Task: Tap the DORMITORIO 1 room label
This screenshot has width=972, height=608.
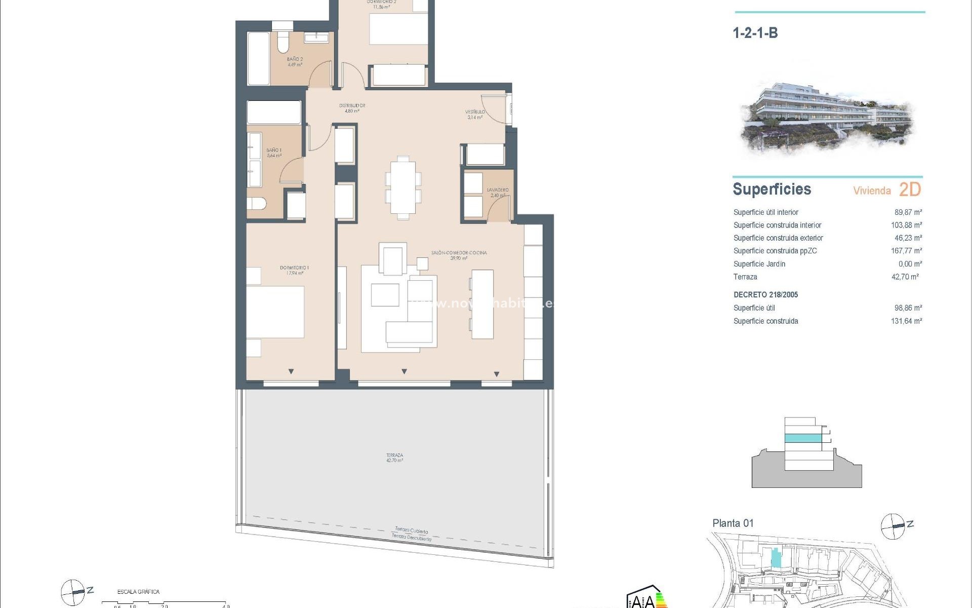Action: [x=294, y=270]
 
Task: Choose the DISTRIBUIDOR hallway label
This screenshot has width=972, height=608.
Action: [x=352, y=108]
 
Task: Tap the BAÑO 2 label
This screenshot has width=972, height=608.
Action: [x=295, y=62]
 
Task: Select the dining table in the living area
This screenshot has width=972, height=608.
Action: [x=403, y=187]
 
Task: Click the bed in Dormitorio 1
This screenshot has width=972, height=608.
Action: [x=275, y=312]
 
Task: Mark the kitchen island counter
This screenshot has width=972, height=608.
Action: [x=482, y=304]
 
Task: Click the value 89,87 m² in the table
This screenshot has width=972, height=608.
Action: [x=908, y=212]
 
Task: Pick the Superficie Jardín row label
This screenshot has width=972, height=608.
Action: [x=759, y=264]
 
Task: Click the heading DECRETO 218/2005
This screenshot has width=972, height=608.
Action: [x=765, y=294]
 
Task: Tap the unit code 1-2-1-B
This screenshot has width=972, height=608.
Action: [x=755, y=33]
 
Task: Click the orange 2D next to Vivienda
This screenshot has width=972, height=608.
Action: [x=910, y=189]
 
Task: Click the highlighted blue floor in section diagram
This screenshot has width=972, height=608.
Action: [x=803, y=438]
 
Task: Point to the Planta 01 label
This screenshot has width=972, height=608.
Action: [x=733, y=523]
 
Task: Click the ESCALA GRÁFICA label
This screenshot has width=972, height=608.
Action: [x=138, y=591]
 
